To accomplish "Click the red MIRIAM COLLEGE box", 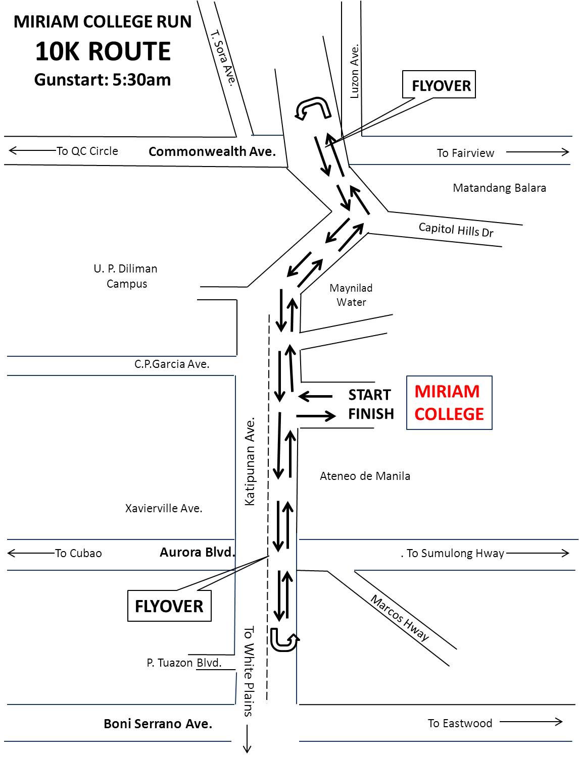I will click(449, 403).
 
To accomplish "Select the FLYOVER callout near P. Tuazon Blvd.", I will click(169, 606).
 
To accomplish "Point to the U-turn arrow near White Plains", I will click(283, 640).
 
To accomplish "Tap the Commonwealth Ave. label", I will click(212, 151).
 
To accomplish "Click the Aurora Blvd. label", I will click(198, 553).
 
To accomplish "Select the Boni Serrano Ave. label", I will click(158, 724).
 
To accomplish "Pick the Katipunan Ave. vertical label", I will click(250, 461).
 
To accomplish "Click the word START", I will click(369, 395).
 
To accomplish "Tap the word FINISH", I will click(371, 414).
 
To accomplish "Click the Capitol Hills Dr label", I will click(456, 230).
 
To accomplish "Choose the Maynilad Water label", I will click(351, 295).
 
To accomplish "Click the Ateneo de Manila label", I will click(365, 476).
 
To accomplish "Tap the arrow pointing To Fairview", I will click(538, 152).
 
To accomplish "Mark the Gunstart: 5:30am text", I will click(103, 80).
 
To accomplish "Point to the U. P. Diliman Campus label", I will click(126, 276).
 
